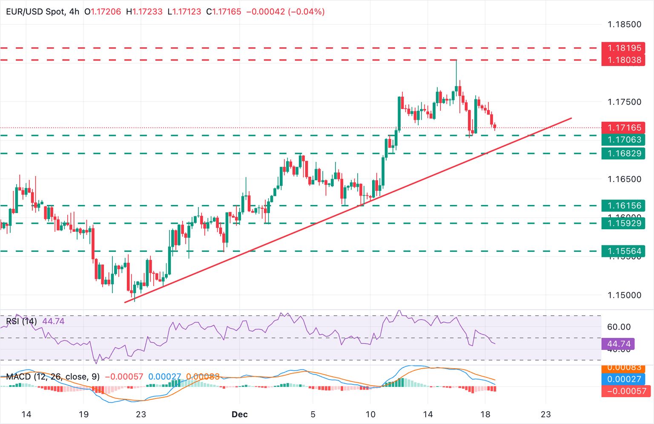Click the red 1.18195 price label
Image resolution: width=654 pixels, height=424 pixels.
623,48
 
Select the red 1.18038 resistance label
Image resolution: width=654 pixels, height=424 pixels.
623,60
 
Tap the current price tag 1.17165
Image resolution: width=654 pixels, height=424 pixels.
623,127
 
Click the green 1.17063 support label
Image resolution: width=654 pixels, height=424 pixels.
623,140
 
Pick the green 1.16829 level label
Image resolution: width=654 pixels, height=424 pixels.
623,153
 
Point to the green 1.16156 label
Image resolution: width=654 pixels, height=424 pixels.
623,206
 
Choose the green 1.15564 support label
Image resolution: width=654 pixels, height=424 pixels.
623,251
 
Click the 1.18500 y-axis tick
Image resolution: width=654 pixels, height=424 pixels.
624,24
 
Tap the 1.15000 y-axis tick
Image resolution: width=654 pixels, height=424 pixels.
624,295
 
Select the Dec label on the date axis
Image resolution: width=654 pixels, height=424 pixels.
240,414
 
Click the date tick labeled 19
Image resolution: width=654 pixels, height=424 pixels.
83,414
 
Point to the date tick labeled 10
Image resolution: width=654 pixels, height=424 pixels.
370,414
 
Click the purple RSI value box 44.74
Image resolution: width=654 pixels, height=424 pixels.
618,344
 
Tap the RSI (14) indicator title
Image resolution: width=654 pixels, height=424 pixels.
21,321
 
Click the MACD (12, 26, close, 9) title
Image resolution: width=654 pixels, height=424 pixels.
53,377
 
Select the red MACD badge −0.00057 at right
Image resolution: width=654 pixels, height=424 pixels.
626,391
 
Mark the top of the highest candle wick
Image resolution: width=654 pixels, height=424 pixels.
456,61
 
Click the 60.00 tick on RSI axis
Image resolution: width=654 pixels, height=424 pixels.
619,327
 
